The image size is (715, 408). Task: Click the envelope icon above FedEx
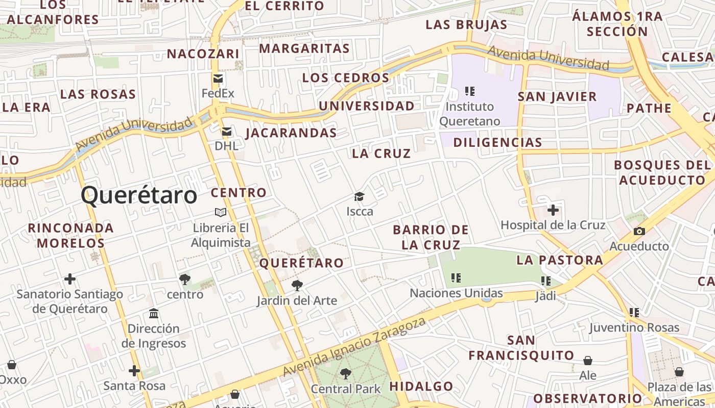[218, 79]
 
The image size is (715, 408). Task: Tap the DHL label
[226, 146]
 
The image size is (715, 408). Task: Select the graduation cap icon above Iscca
[360, 197]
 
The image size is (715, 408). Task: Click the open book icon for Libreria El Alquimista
[221, 212]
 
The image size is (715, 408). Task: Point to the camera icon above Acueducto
[639, 232]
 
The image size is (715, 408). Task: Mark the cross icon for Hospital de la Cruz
[553, 210]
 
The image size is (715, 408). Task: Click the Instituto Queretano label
[470, 114]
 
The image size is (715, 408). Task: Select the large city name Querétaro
[139, 195]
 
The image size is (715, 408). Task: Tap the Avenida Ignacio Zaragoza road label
[354, 348]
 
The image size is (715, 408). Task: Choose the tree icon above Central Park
[346, 374]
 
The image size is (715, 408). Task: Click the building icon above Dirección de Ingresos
[154, 313]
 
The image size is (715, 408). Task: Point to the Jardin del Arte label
[297, 300]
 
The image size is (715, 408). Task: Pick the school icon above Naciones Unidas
[456, 278]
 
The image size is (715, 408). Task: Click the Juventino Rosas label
[634, 327]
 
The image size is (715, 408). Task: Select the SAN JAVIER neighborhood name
[557, 96]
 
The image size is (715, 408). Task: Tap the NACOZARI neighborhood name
[203, 54]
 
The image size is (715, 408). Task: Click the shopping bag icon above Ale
[588, 361]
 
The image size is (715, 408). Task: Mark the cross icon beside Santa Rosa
[134, 371]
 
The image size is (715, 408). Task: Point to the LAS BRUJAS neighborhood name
[466, 24]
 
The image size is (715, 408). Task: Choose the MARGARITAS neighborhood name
[304, 48]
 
